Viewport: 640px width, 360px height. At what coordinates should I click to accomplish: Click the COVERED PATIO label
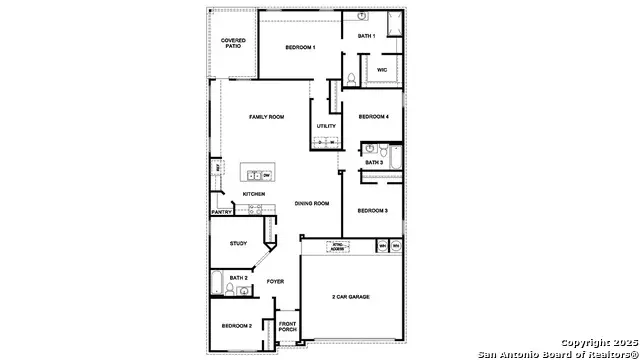click(x=232, y=43)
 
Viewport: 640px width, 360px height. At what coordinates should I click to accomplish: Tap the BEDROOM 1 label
click(x=300, y=48)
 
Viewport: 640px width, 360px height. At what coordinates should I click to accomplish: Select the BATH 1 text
click(x=367, y=36)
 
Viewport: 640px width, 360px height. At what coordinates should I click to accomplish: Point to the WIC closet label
click(x=382, y=69)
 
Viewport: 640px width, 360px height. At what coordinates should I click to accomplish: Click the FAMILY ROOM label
click(x=267, y=117)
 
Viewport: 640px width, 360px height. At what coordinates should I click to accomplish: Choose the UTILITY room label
click(x=326, y=126)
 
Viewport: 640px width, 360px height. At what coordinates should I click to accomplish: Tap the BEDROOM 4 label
click(x=373, y=116)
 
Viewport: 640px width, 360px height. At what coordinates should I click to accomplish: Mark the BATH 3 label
click(x=373, y=162)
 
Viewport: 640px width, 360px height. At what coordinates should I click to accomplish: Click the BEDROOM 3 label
click(x=372, y=210)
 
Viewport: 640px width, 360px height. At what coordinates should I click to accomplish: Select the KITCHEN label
click(x=253, y=194)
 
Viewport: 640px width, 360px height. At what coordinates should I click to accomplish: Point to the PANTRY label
click(x=222, y=212)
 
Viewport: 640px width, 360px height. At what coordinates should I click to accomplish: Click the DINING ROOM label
click(x=312, y=203)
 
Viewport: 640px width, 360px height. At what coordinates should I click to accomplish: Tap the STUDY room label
click(x=238, y=243)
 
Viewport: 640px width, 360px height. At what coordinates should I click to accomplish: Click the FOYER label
click(x=275, y=281)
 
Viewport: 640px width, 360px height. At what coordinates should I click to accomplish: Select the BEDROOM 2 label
click(x=237, y=326)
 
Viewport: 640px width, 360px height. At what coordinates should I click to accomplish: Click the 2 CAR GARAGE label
click(x=353, y=297)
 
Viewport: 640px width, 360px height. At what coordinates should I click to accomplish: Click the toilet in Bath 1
click(x=351, y=77)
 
